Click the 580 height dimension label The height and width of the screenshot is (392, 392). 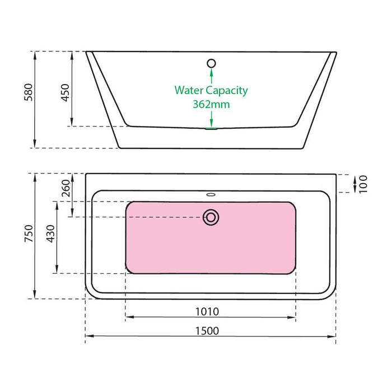29,92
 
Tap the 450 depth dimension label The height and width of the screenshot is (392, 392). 66,92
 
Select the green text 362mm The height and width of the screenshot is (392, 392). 211,104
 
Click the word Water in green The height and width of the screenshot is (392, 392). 189,90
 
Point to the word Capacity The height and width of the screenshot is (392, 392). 227,91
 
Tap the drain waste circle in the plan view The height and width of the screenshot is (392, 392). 211,217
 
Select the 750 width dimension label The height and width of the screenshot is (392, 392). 29,234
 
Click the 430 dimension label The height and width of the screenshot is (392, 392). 50,234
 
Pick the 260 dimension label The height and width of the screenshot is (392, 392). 66,188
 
